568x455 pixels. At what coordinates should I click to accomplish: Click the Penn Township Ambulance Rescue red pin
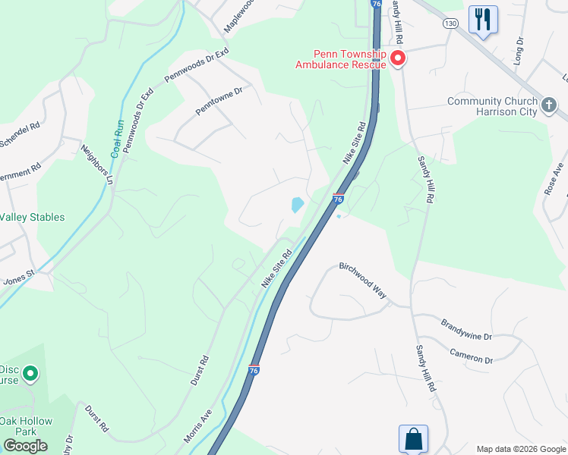click(x=397, y=59)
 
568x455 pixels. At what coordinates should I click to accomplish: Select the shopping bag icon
click(x=413, y=438)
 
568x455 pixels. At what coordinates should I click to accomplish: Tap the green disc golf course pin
click(x=30, y=373)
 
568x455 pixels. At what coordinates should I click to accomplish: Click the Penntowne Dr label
click(x=218, y=100)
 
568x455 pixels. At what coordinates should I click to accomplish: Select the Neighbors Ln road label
click(x=97, y=165)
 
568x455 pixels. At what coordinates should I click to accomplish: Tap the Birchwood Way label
click(x=362, y=279)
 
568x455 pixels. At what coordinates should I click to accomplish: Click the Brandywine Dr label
click(x=466, y=329)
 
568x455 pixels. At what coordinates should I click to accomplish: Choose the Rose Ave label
click(x=552, y=179)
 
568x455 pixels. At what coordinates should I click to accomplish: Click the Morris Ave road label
click(x=197, y=427)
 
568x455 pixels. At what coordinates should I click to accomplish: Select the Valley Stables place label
click(x=32, y=217)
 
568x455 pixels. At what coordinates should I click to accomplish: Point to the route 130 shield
click(x=451, y=24)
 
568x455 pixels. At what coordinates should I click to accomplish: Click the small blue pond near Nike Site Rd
click(x=297, y=205)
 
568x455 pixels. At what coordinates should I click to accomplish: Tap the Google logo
click(x=25, y=446)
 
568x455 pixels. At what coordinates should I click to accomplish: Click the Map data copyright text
click(x=519, y=448)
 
